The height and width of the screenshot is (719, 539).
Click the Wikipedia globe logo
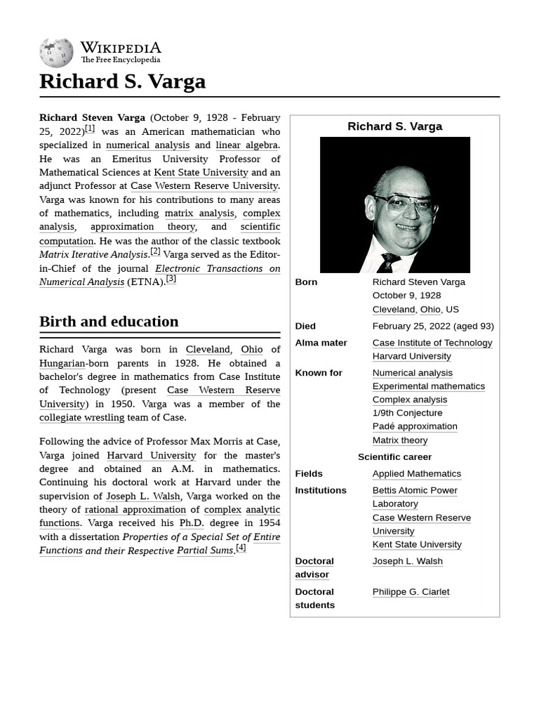56,53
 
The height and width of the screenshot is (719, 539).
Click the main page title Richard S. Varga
122,81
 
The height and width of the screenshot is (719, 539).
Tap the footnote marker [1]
90,128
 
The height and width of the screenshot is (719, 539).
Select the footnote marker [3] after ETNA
171,279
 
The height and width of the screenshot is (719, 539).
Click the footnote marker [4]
241,548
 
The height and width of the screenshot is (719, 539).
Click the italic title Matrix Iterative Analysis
93,254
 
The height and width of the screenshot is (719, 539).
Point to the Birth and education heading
109,322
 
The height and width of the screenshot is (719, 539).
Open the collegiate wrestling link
81,418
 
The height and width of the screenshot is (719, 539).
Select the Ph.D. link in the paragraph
191,523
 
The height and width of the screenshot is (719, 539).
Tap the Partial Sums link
204,550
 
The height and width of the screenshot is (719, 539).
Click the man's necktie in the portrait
388,263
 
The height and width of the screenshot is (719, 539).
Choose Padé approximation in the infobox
414,426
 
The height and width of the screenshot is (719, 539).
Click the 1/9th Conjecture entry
407,413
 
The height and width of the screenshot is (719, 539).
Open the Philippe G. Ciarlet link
411,592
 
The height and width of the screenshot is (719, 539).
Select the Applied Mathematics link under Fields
416,474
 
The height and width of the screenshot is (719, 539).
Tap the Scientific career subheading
394,457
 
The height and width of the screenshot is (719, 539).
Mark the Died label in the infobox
305,326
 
